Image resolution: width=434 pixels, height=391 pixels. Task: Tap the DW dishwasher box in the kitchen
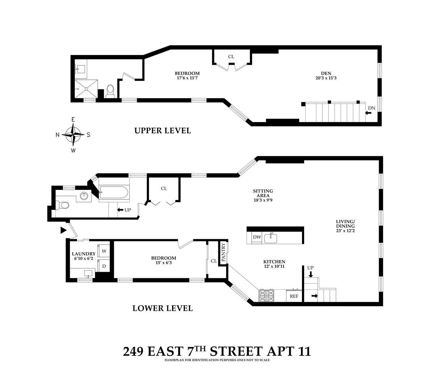coord(257,237)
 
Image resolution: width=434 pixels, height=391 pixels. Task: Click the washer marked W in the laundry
coord(104,251)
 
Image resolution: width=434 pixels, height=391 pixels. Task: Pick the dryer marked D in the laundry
coord(104,266)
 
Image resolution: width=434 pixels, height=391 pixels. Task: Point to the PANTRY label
coord(223,253)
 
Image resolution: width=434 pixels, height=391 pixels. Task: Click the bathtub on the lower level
coord(114,192)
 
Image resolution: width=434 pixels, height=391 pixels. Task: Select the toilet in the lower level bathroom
coord(64,205)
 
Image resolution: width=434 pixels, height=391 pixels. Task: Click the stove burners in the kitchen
coord(267,296)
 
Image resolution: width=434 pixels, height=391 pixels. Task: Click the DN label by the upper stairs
coord(371,108)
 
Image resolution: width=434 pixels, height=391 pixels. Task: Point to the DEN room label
coord(326,73)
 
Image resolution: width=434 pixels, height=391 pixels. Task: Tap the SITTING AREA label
coord(263,193)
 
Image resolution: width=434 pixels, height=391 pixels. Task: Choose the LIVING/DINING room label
coord(345,224)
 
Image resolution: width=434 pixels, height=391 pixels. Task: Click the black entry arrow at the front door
coord(64,230)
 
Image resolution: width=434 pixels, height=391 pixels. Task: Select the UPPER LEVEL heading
coord(162,131)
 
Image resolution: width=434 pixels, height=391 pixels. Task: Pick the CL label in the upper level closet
coord(231,57)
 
